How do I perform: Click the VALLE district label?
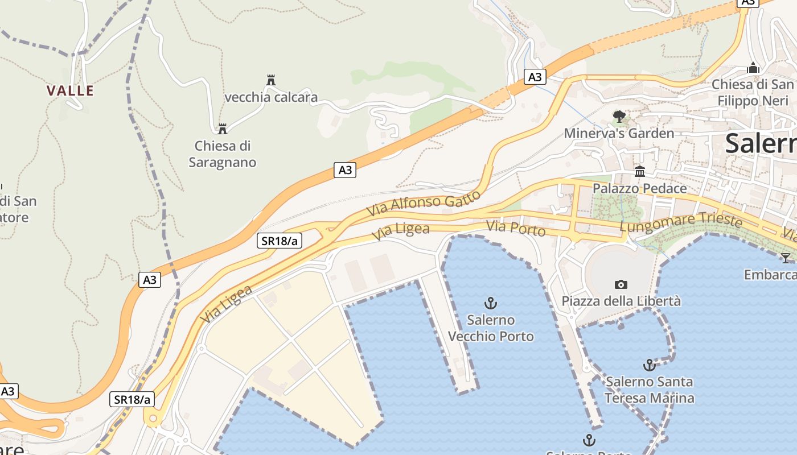point(70,90)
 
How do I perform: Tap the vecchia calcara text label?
point(271,97)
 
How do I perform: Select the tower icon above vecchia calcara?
point(271,80)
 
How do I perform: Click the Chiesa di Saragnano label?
point(223,154)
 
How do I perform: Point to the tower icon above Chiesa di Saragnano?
point(223,129)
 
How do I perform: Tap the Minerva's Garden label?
point(619,134)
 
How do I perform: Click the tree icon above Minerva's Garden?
point(619,117)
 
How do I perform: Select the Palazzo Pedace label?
point(640,188)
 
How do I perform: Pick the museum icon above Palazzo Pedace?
point(640,171)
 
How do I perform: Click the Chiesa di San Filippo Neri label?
point(753,93)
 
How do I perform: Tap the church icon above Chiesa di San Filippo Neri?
point(753,68)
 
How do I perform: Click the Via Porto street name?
point(516,229)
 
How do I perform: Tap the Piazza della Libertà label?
point(621,301)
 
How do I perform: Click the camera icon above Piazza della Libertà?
point(621,284)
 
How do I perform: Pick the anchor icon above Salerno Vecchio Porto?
point(490,303)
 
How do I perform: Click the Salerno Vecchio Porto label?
point(491,328)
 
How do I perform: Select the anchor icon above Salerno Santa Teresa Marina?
point(649,365)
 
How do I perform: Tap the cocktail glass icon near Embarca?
point(786,258)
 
